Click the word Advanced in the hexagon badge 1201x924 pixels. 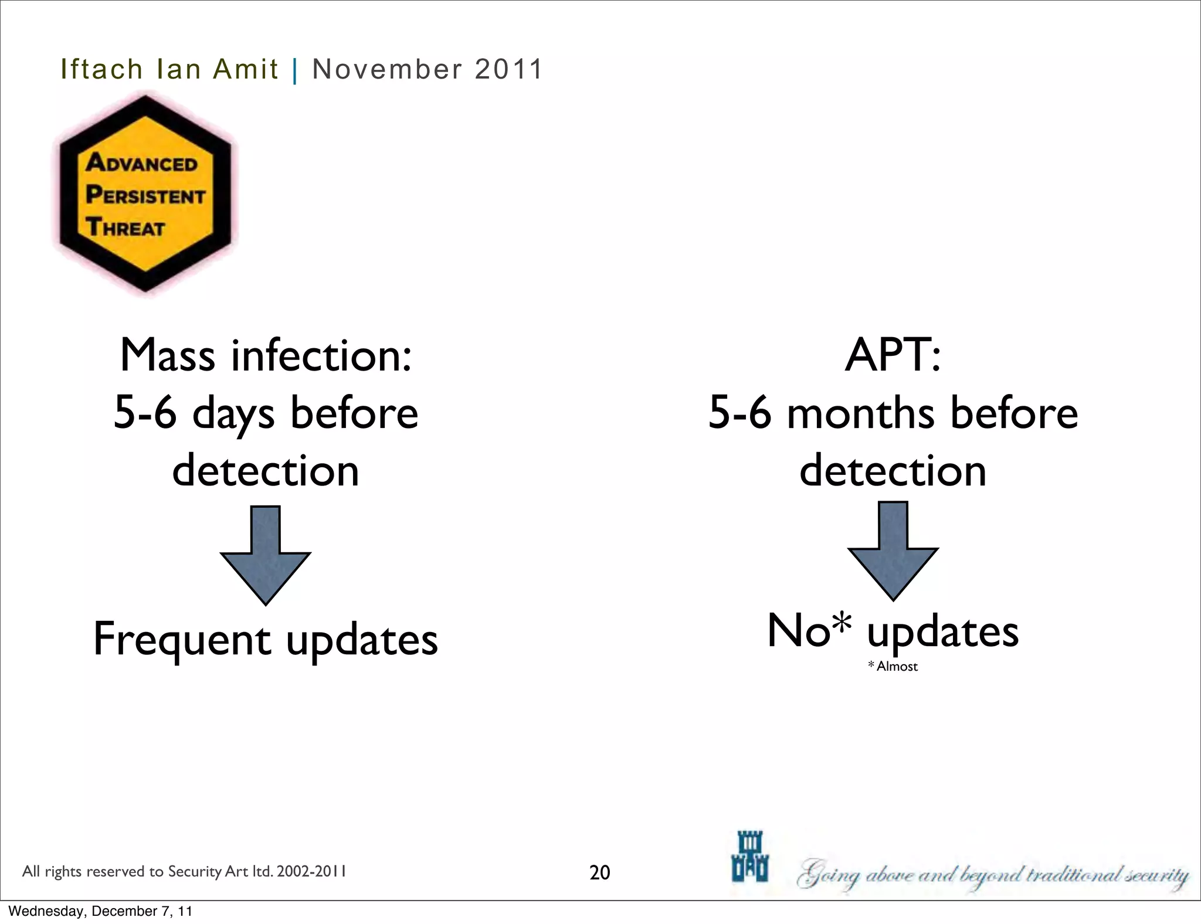pyautogui.click(x=142, y=162)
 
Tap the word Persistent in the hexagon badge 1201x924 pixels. pyautogui.click(x=146, y=195)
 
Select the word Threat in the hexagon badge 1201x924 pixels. pyautogui.click(x=125, y=227)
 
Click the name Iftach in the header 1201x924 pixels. pyautogui.click(x=101, y=69)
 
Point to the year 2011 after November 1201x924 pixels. pyautogui.click(x=508, y=69)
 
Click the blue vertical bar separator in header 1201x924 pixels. pyautogui.click(x=295, y=71)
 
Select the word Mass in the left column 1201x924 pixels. pyautogui.click(x=168, y=355)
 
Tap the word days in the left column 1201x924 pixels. pyautogui.click(x=233, y=414)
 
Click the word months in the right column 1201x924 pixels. pyautogui.click(x=860, y=414)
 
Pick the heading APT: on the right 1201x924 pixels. pyautogui.click(x=893, y=355)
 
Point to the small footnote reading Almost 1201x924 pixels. pyautogui.click(x=897, y=667)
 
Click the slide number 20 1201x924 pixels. pyautogui.click(x=599, y=872)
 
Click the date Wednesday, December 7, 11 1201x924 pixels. pyautogui.click(x=100, y=911)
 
